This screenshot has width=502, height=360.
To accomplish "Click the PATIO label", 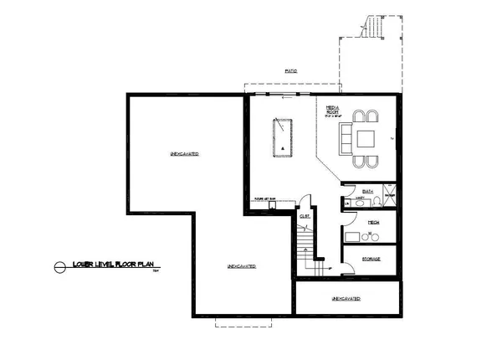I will tap(291, 72).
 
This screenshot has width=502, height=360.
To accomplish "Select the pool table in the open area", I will tap(283, 136).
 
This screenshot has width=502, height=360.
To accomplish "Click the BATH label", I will tap(369, 191).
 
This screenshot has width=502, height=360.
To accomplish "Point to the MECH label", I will tap(374, 222).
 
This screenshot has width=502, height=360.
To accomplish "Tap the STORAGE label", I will tap(371, 259).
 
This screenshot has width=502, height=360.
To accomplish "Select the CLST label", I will tap(305, 217).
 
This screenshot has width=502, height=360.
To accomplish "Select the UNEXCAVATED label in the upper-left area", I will tap(184, 155).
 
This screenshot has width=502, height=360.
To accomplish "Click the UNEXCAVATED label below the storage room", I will tap(346, 298).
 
